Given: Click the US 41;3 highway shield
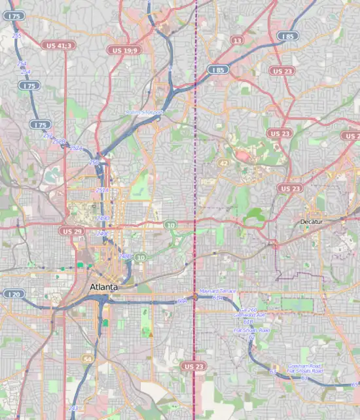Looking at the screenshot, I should (x=59, y=45).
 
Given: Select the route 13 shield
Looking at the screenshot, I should (x=236, y=41).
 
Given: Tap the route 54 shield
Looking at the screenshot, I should (x=88, y=359).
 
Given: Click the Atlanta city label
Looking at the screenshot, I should (x=103, y=288).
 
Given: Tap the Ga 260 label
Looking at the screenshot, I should (x=249, y=309).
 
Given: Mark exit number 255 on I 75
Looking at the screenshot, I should (x=17, y=37).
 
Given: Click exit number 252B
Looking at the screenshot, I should (x=59, y=141).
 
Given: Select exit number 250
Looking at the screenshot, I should (x=94, y=162).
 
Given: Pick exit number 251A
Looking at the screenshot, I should (x=101, y=190).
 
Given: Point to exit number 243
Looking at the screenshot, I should (x=73, y=408).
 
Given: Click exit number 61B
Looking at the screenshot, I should (x=248, y=322).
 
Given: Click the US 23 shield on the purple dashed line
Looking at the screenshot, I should (x=194, y=366).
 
